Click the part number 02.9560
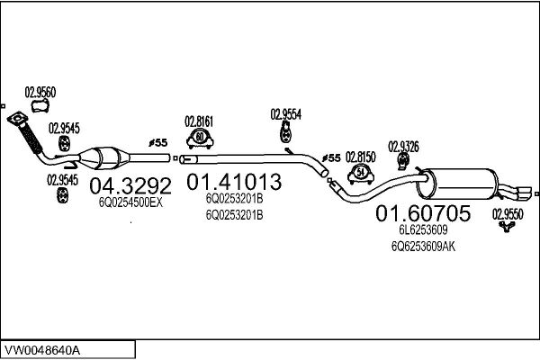tap(40, 93)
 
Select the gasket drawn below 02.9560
tap(40, 106)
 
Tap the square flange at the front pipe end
tap(17, 119)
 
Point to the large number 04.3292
tap(130, 186)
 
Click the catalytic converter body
tap(103, 158)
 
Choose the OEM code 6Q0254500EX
tap(130, 202)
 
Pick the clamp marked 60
tap(200, 139)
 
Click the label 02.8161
tap(199, 121)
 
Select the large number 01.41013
tap(234, 182)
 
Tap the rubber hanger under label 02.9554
tap(285, 133)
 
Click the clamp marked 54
tap(361, 174)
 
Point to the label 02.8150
tap(361, 157)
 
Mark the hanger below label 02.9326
tap(402, 161)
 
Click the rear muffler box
tap(457, 184)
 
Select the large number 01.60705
tap(423, 213)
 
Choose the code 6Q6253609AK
tap(423, 247)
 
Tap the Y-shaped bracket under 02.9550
tap(507, 227)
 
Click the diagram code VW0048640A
tap(41, 351)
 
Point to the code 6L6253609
tap(423, 229)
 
